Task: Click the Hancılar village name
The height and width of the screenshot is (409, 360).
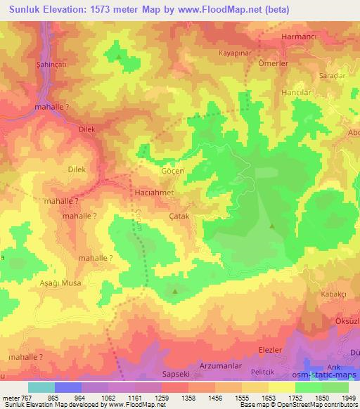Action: click(x=297, y=92)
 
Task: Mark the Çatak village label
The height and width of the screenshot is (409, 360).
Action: click(x=180, y=218)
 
